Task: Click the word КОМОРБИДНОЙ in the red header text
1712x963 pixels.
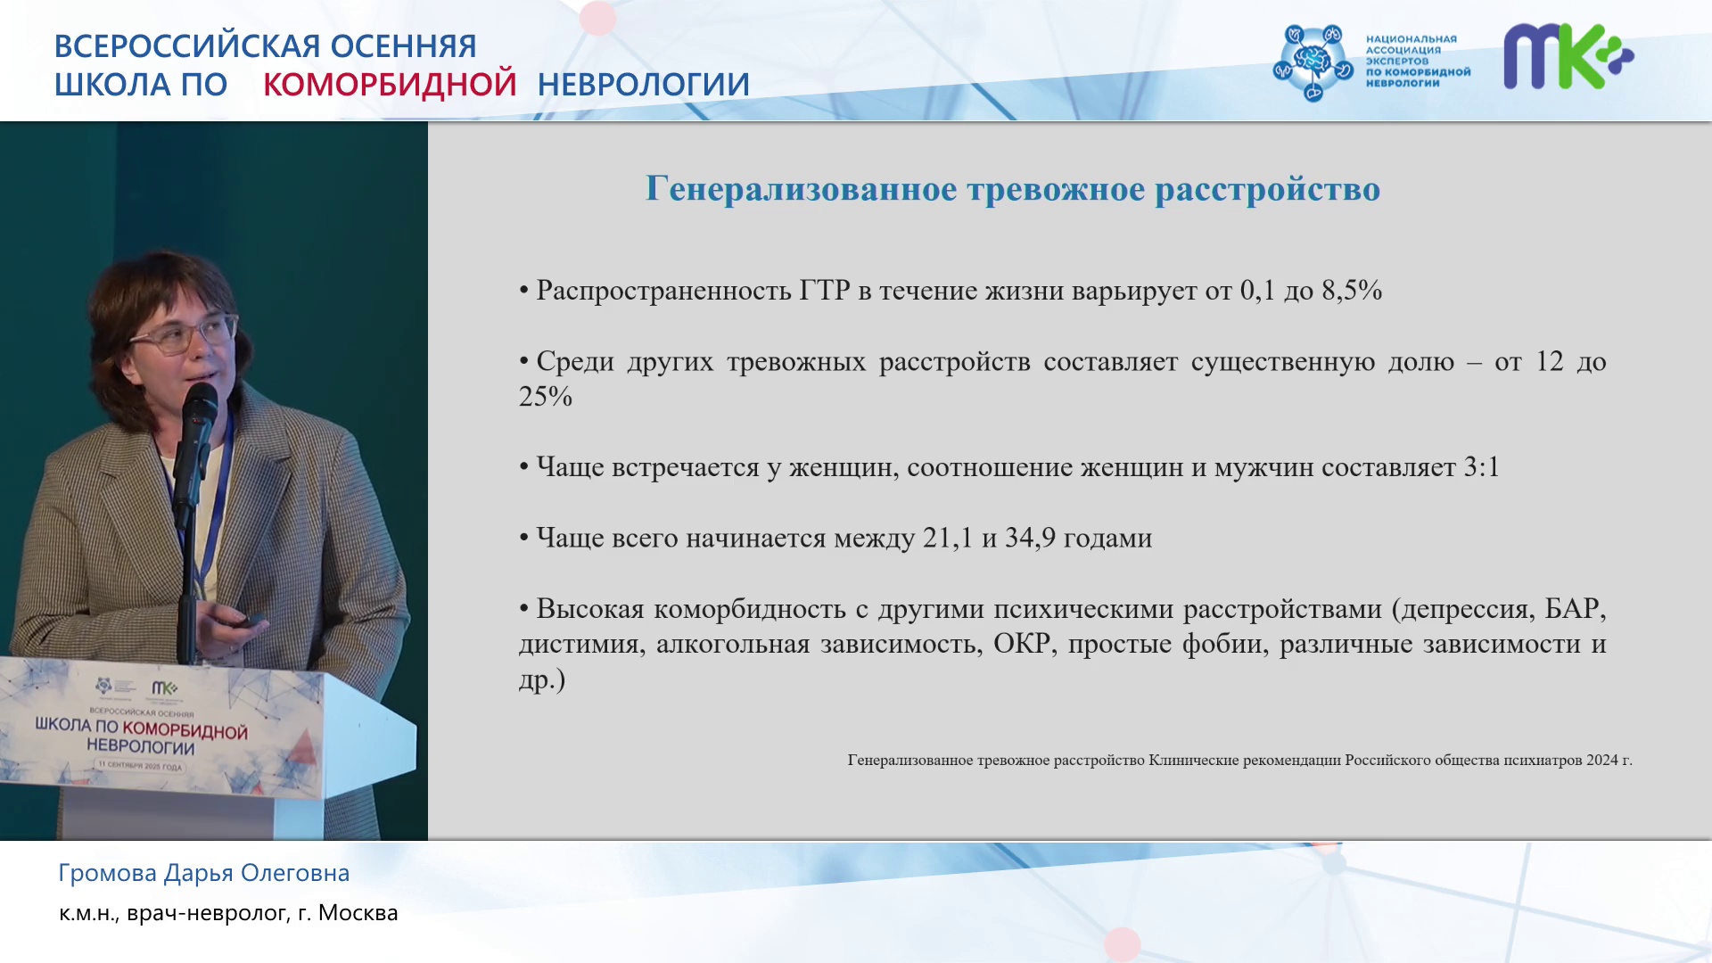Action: (390, 84)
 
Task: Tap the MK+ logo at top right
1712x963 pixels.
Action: (1568, 56)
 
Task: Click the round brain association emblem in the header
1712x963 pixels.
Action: (1313, 62)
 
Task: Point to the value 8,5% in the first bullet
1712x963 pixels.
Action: (1352, 290)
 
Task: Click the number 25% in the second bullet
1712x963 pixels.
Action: (546, 396)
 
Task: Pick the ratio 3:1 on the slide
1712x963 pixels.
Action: (1481, 466)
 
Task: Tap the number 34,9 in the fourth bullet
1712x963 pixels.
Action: (1030, 538)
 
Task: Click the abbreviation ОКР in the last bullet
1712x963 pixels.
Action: (1022, 643)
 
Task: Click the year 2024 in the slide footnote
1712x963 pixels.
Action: (1602, 760)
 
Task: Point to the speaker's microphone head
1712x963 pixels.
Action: (200, 407)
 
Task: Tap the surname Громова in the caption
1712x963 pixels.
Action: (108, 873)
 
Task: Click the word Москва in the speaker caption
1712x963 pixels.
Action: (358, 913)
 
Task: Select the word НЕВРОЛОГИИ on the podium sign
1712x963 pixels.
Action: (140, 746)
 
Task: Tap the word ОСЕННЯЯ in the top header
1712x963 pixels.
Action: (403, 45)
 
